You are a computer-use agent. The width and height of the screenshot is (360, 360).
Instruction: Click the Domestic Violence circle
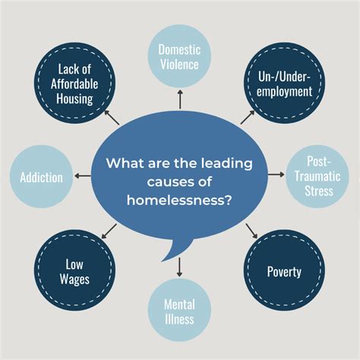coord(179,58)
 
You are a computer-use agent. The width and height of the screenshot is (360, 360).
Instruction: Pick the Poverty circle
coord(283,272)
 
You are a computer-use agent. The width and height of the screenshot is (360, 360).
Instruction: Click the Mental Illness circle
coord(179,311)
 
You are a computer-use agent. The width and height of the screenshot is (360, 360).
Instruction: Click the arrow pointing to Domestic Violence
coord(179,101)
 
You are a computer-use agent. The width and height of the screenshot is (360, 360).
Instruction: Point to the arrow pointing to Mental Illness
coord(179,266)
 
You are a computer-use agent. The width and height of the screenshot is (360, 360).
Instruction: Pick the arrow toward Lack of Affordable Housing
coord(112,116)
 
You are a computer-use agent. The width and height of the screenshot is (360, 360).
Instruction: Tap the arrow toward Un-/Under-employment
coord(247,116)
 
